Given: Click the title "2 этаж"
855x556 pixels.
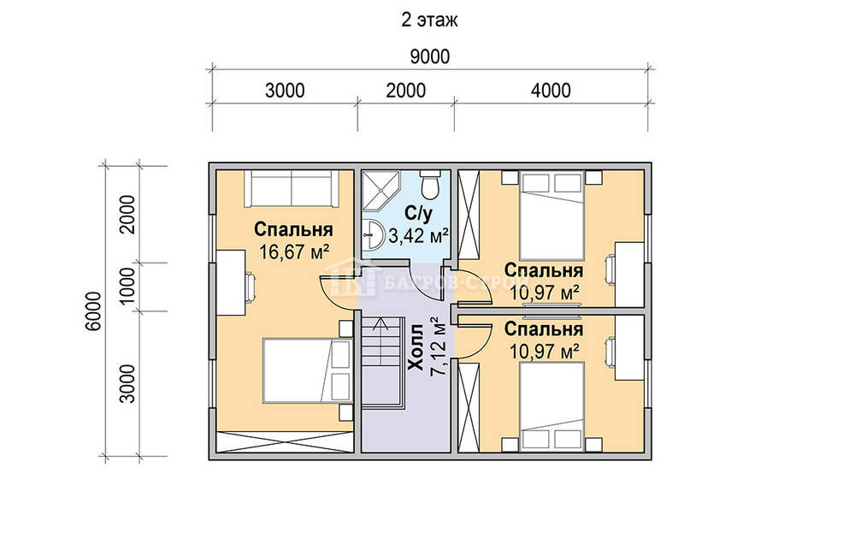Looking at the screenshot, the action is pos(430,21).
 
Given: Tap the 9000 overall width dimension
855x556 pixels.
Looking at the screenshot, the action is pos(430,56).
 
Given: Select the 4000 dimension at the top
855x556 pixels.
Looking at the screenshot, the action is pos(551,91).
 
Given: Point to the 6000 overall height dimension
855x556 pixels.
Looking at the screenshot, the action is pos(94,311).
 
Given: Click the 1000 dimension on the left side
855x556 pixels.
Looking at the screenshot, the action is pos(127,287).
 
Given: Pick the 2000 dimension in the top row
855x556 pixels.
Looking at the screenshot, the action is pos(405,91).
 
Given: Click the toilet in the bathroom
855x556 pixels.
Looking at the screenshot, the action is pos(430,185).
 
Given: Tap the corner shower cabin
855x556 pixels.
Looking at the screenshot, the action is pos(381,191).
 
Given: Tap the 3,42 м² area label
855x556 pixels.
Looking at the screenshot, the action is pos(418,236).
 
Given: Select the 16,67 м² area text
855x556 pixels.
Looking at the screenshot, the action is pos(294,252).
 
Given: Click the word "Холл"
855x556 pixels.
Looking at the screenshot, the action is pos(417,347).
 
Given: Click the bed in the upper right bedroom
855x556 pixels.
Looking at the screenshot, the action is pos(551,216).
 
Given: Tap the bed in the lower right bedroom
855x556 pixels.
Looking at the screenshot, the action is pos(551,406).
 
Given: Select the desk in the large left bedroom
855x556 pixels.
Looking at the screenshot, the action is pos(231,282).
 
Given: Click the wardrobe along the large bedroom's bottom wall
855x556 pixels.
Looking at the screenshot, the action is pos(285,441).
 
